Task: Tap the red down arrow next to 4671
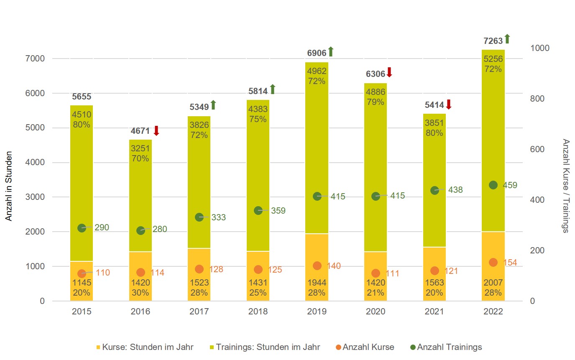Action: coord(156,130)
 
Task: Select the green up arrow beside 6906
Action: coord(330,52)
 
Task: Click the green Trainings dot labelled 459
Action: coord(493,185)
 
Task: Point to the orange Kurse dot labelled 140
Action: coord(317,266)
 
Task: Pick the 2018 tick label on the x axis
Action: coord(258,312)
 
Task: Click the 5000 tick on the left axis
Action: coord(36,128)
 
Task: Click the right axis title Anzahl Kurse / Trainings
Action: coord(566,186)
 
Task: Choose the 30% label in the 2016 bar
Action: coord(141,293)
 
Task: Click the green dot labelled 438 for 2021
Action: coord(434,190)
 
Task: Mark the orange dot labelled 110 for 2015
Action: coord(82,273)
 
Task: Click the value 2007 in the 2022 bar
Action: coord(493,283)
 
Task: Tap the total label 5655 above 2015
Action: coord(82,97)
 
